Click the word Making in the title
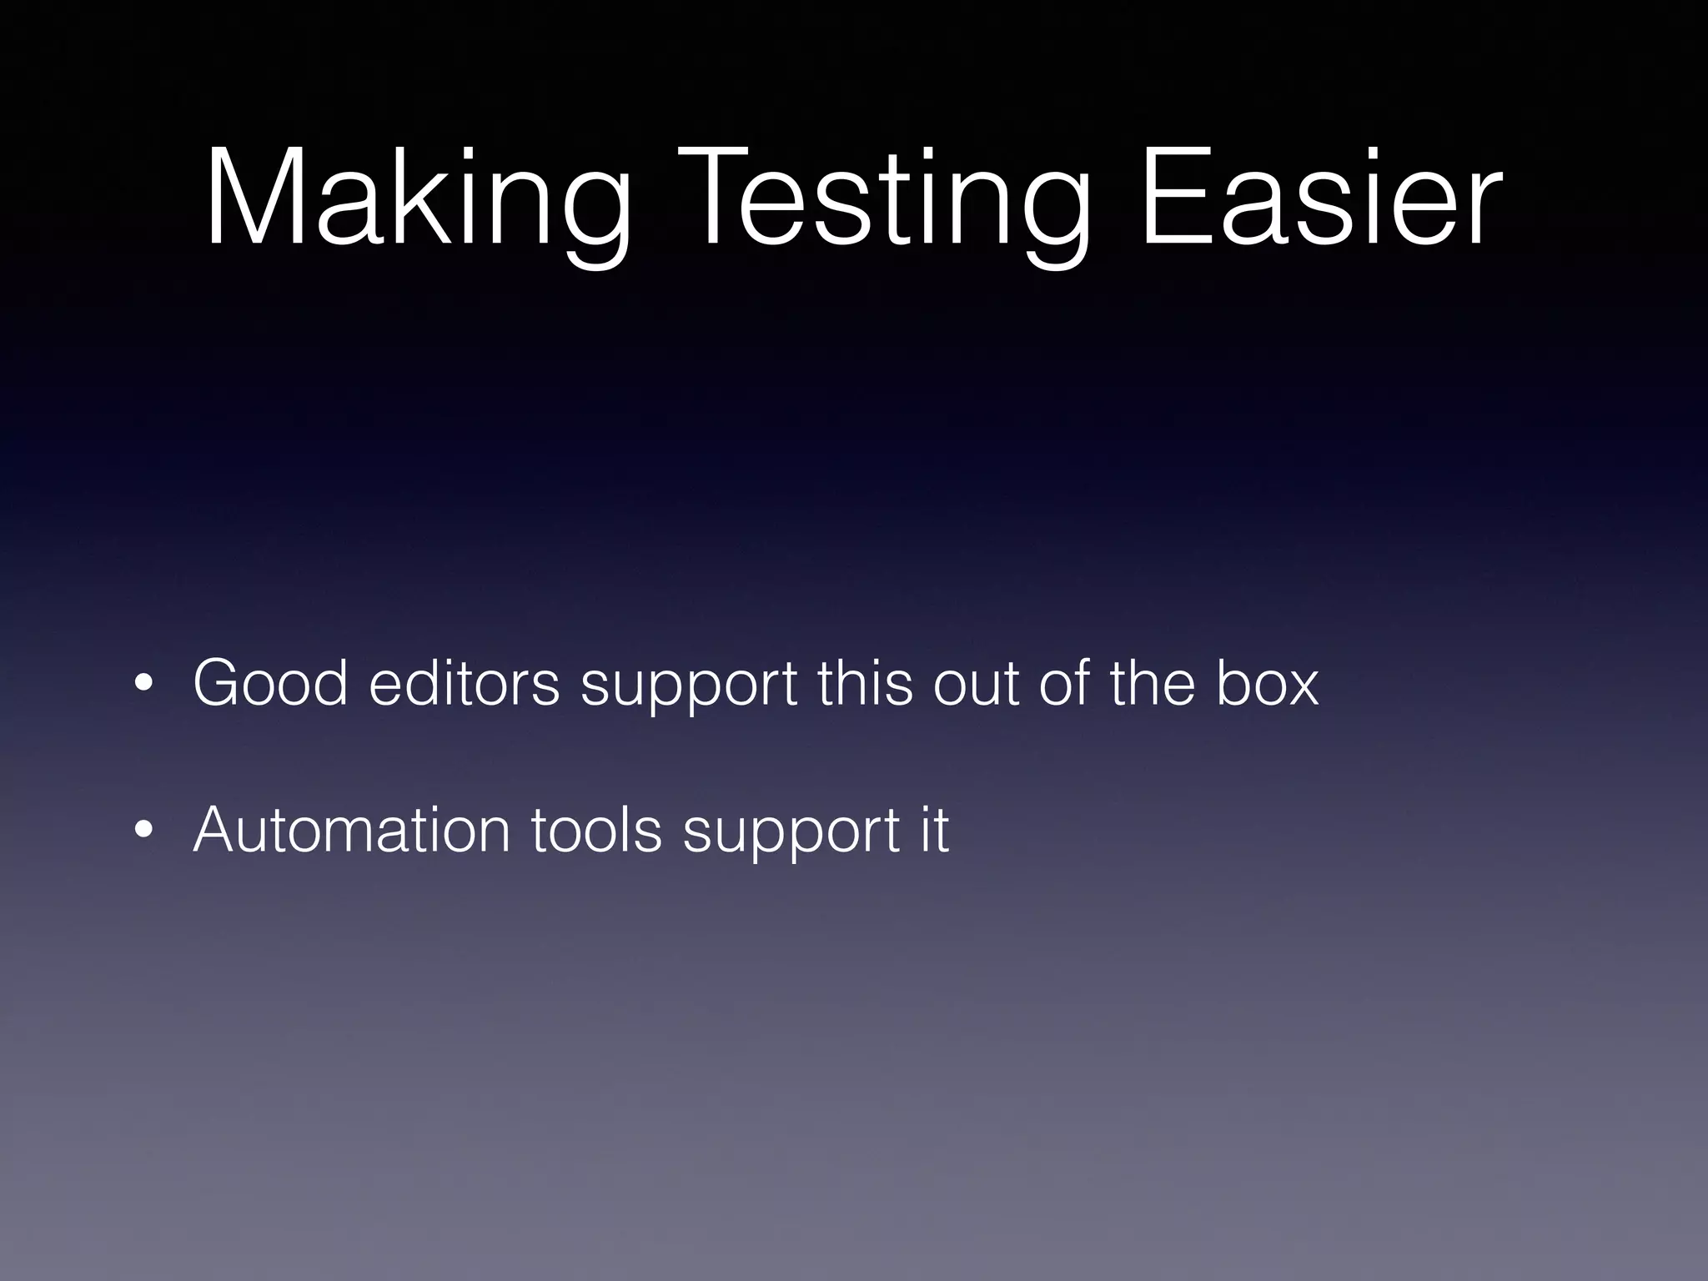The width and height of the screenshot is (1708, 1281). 417,200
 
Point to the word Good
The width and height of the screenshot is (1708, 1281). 270,683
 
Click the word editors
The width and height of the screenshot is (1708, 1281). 464,683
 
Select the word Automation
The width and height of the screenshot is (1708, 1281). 351,829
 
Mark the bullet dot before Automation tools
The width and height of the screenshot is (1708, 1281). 143,830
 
